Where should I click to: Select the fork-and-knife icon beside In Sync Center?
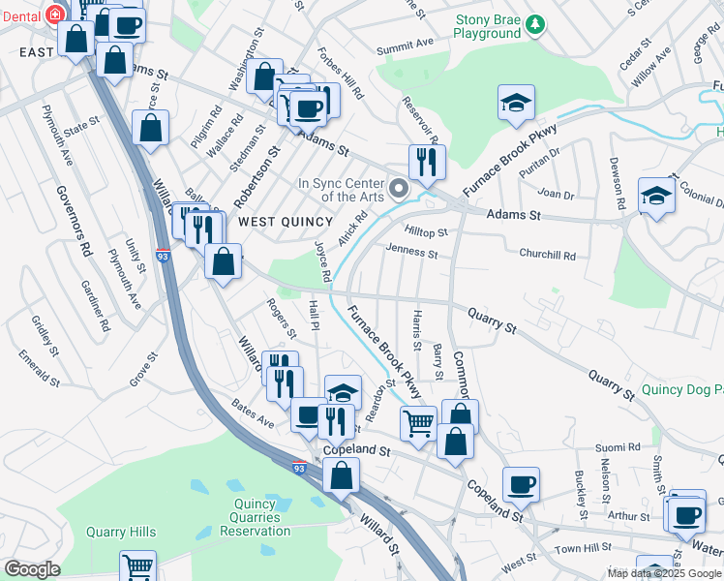pos(427,162)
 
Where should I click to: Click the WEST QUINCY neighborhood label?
pos(286,222)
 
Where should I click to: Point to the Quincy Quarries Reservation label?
pos(256,516)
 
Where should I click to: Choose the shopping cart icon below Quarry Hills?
pos(137,566)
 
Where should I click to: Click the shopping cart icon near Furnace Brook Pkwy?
pos(418,423)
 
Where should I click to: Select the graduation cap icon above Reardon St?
pos(343,392)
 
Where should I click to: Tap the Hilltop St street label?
pos(426,232)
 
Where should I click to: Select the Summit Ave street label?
pos(405,45)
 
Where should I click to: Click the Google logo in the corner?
pos(33,569)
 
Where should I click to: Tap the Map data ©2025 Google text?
pos(663,573)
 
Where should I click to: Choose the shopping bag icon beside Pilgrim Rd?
pos(151,128)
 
